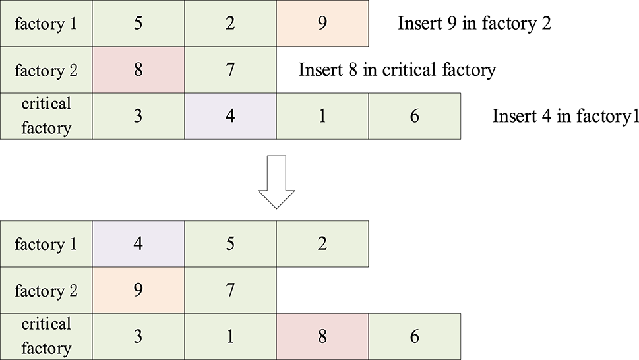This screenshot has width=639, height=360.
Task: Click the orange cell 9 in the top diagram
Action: tap(322, 24)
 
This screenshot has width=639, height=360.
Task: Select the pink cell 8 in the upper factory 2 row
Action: tap(138, 70)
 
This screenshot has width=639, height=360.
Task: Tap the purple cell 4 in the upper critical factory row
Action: tap(230, 116)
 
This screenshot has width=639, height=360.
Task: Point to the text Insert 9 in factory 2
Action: tap(475, 24)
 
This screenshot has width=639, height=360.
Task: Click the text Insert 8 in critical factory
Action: tap(396, 70)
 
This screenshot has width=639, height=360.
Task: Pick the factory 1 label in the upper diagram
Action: tap(46, 24)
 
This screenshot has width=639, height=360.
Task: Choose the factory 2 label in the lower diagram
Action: tap(46, 291)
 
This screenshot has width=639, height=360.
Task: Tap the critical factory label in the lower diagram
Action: tap(46, 336)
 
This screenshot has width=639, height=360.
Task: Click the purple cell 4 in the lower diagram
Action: tap(138, 245)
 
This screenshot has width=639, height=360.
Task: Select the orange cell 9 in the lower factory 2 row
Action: tap(138, 291)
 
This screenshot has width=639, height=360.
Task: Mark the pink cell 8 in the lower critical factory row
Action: tap(322, 336)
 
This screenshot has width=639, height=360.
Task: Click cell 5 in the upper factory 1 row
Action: tap(138, 24)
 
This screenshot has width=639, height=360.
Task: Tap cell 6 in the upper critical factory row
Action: tap(414, 116)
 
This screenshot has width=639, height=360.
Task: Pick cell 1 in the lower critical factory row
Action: tap(230, 336)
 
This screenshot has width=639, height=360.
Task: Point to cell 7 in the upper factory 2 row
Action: tap(230, 70)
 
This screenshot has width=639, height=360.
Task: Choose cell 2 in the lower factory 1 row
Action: tap(322, 245)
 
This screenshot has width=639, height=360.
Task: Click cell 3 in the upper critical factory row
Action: tap(138, 116)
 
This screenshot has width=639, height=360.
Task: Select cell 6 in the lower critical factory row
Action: tap(414, 336)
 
